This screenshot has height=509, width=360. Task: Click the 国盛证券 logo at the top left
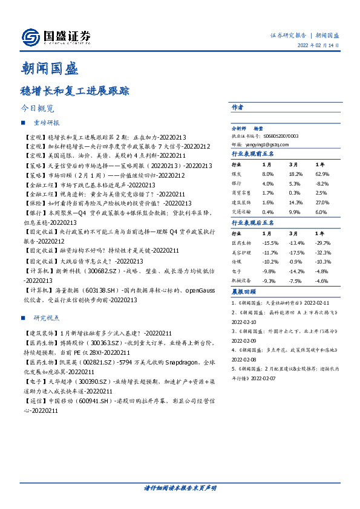coord(56,37)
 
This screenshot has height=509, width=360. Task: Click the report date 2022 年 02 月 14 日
coord(318,45)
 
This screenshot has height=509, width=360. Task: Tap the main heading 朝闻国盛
coord(49,68)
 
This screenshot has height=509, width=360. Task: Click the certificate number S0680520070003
coord(278,137)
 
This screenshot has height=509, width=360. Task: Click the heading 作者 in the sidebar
coord(237,107)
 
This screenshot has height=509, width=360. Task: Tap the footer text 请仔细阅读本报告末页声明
coord(180,487)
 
